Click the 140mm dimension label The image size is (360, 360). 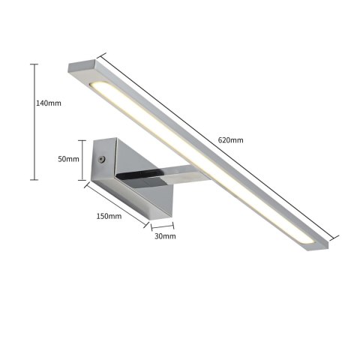tap(49, 103)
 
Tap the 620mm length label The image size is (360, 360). tap(230, 140)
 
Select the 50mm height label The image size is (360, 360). tap(68, 159)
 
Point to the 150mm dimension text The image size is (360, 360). tap(109, 216)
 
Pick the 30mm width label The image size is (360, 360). tap(164, 236)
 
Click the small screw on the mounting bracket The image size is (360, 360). tap(102, 160)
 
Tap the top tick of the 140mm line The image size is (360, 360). tap(33, 64)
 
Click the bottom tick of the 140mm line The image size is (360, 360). tap(33, 179)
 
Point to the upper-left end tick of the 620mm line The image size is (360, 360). tap(97, 53)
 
